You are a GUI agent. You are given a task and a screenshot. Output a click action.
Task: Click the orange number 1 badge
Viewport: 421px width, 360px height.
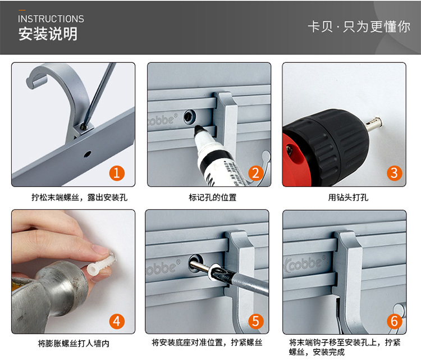[117, 174]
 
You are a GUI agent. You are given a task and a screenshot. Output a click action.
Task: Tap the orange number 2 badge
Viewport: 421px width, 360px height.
[255, 174]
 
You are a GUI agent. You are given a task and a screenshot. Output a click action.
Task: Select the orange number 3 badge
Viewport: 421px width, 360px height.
[395, 174]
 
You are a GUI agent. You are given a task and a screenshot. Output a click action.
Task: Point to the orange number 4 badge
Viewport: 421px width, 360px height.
[117, 321]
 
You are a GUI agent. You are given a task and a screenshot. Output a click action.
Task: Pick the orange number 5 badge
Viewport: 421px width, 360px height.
[255, 321]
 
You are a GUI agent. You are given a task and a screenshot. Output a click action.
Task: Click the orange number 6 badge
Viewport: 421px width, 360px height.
[395, 321]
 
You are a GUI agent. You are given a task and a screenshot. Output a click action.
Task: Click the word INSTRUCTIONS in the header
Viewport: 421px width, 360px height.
[51, 19]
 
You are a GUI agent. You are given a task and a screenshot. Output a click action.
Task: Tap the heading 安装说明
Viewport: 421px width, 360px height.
[48, 34]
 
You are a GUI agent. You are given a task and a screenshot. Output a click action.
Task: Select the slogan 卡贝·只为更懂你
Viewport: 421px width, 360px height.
[359, 27]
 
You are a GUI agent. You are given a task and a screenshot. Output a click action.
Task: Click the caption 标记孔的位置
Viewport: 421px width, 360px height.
[213, 198]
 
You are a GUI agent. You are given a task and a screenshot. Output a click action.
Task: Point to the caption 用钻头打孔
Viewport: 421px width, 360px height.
[348, 198]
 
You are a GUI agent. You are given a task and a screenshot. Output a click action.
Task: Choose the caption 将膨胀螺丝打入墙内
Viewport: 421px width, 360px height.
[74, 343]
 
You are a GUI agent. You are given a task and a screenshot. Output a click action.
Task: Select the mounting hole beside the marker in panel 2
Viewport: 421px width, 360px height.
[190, 117]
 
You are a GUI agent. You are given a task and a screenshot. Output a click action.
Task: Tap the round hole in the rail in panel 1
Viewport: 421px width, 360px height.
[87, 154]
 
